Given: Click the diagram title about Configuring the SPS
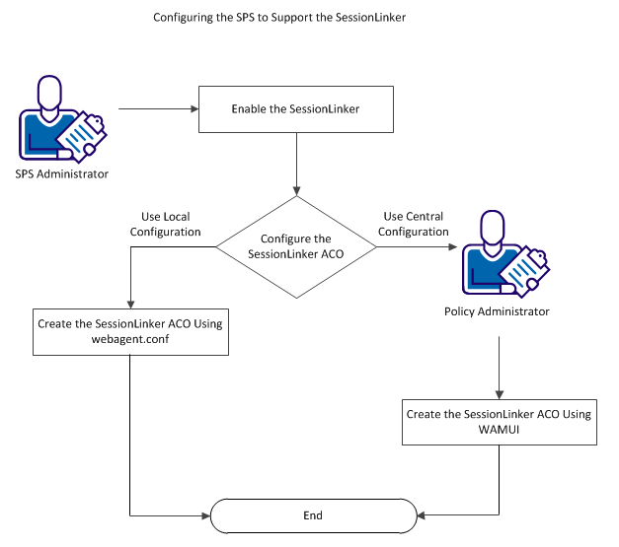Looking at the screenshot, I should [279, 18].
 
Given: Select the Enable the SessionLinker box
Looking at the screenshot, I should [297, 109].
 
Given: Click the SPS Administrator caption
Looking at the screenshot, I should [61, 174].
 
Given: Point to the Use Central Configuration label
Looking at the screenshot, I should [416, 224].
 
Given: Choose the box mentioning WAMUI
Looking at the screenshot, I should [499, 422].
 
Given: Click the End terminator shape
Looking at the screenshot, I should [313, 514].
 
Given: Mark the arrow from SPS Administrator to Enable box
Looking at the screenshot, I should [158, 109].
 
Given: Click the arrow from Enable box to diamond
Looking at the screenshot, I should [297, 164].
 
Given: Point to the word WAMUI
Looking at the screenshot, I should [500, 430].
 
